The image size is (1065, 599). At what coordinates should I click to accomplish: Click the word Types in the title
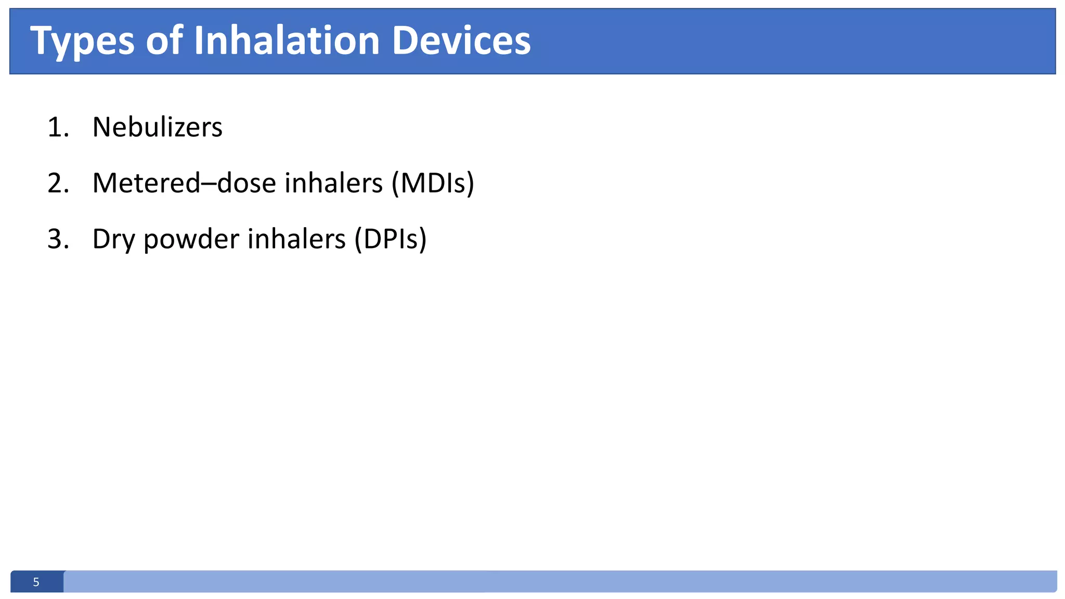(x=82, y=42)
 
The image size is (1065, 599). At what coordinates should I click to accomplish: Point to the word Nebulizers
(x=157, y=127)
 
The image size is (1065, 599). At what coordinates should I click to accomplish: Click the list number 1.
(x=57, y=127)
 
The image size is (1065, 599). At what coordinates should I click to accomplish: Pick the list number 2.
(x=58, y=183)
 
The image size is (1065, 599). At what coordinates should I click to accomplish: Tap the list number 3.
(x=58, y=239)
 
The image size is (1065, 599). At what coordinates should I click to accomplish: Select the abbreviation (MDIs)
(x=433, y=183)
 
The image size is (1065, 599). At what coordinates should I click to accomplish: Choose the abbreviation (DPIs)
(x=390, y=239)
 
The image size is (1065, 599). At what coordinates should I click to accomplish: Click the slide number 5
(x=36, y=582)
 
